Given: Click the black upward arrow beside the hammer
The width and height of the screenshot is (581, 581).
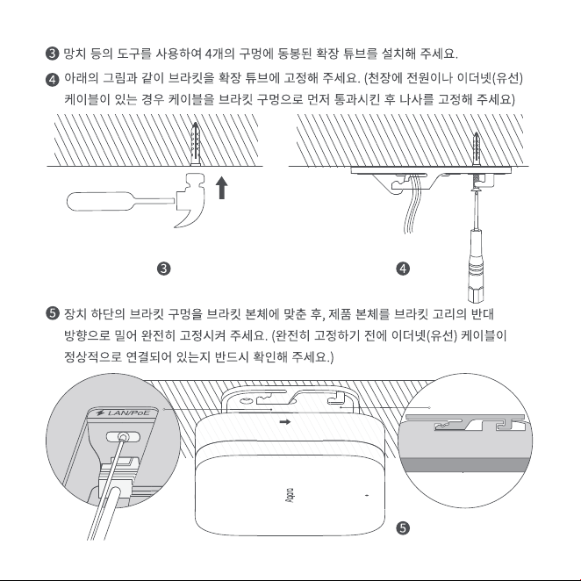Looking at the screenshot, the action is [221, 188].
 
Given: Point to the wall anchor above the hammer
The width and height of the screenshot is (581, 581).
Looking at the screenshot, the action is [195, 144].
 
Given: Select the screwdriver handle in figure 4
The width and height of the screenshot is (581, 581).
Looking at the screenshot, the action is [477, 265].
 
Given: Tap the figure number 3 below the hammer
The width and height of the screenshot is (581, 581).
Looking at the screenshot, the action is [164, 269].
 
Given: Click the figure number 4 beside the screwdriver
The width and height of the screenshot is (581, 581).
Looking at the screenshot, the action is [403, 269].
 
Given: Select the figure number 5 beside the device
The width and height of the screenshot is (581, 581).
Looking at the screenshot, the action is [403, 528].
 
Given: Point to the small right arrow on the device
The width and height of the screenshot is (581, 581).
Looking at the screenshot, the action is [284, 421].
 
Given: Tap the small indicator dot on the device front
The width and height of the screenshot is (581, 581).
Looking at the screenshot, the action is [367, 495].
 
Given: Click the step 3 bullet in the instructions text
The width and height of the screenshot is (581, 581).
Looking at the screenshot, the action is [53, 54].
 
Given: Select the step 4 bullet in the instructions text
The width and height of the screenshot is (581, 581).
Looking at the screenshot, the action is [53, 80].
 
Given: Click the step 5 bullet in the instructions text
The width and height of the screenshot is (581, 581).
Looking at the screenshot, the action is [53, 313].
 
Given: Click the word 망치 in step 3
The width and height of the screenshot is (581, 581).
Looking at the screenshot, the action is [75, 54].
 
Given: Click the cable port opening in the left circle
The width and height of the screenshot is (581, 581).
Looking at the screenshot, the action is [123, 437].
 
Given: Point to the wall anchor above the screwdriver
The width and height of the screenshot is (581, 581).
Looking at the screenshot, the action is [477, 149].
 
